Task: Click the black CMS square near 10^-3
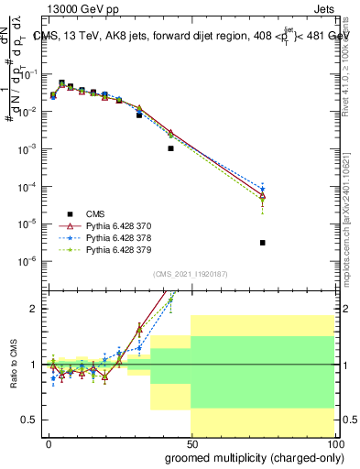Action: tap(170, 148)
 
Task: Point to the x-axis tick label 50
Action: tap(191, 443)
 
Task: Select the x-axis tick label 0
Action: tap(49, 443)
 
